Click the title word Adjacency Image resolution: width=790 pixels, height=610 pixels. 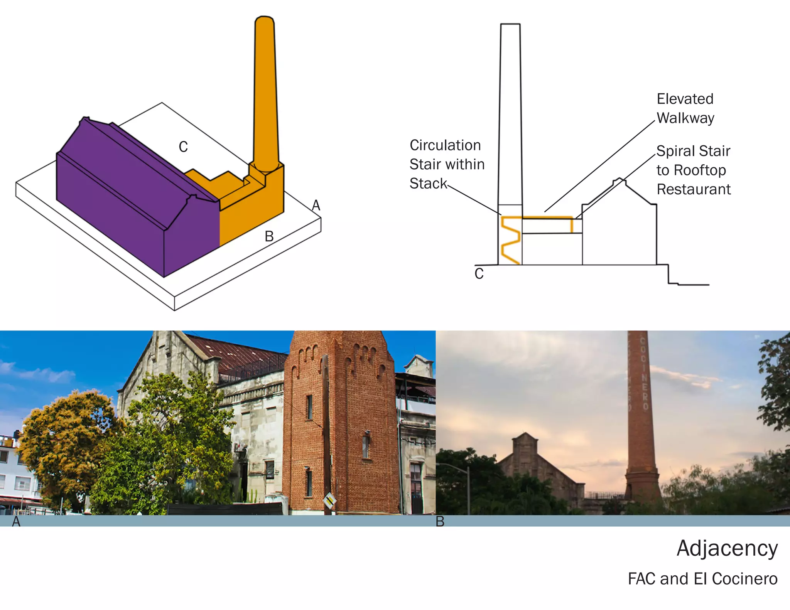[x=727, y=548]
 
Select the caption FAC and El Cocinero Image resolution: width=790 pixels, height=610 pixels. [x=702, y=579]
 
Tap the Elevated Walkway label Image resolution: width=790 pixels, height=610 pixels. [x=685, y=108]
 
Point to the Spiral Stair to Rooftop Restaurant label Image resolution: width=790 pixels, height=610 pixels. [x=693, y=170]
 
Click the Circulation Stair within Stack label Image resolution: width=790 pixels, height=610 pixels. [x=446, y=164]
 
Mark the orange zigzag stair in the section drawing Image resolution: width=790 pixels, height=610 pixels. [x=510, y=240]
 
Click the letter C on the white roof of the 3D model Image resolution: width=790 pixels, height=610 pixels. [x=183, y=147]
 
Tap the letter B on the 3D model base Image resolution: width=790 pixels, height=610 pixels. [x=269, y=236]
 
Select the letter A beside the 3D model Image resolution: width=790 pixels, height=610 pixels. [x=316, y=205]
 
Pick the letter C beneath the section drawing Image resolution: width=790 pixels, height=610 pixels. [x=479, y=274]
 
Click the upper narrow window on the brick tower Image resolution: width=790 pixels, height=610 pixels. [x=309, y=407]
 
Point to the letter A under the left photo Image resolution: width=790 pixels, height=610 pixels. [x=16, y=522]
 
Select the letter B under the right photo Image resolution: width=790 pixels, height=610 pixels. [x=440, y=522]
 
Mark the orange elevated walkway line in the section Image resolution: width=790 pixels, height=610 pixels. [x=547, y=218]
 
